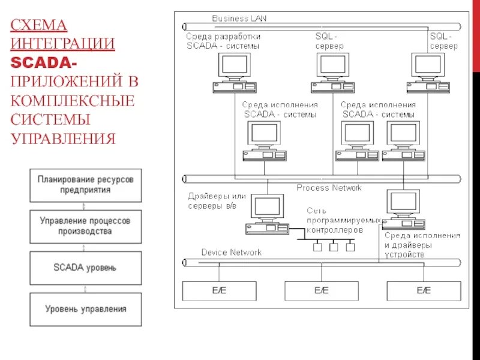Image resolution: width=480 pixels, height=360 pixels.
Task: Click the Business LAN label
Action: (239, 19)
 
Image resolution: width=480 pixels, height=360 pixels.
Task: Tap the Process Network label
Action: (329, 188)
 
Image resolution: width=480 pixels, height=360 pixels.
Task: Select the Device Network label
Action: (231, 253)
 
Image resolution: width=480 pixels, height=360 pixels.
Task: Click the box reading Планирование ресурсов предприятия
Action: (85, 185)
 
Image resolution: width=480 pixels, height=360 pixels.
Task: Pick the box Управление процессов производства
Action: (85, 226)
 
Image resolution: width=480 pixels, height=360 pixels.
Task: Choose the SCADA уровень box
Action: (85, 268)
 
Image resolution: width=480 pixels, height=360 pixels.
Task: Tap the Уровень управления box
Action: (85, 309)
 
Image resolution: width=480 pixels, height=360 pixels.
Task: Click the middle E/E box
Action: (322, 291)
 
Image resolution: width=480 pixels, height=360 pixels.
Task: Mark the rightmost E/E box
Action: (424, 291)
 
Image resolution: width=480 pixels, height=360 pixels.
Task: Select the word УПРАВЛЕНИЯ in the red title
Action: (62, 139)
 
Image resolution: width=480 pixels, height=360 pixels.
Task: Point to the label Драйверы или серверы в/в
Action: (216, 201)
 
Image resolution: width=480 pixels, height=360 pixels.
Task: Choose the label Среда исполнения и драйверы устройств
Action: (422, 245)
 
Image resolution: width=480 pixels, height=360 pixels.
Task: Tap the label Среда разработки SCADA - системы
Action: (223, 41)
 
